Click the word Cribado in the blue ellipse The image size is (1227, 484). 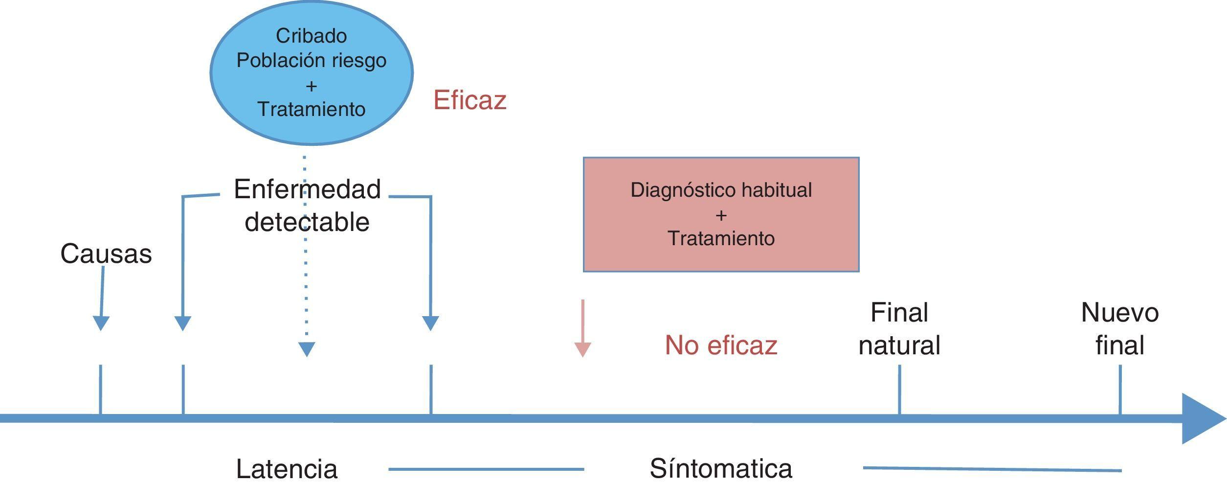tap(311, 36)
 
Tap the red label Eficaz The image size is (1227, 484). tap(469, 100)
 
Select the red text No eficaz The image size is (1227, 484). tap(720, 345)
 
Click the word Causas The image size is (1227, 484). tap(106, 254)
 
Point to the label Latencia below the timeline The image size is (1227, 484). tap(287, 469)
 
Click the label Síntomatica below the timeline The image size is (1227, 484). tap(720, 468)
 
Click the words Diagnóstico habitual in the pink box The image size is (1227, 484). tap(721, 190)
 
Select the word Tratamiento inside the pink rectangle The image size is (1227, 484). tap(721, 238)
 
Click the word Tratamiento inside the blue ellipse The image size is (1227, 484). tap(311, 109)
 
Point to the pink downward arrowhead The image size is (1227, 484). tap(582, 349)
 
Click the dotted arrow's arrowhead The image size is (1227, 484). tap(307, 349)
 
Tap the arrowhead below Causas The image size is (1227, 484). tap(101, 323)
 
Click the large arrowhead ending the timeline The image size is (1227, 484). tap(1201, 418)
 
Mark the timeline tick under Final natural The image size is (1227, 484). tap(899, 390)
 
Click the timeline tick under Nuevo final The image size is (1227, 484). tap(1120, 390)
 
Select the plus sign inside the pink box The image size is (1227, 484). tap(721, 215)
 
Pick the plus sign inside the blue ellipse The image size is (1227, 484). tap(311, 86)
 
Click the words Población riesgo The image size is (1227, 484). tap(311, 60)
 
